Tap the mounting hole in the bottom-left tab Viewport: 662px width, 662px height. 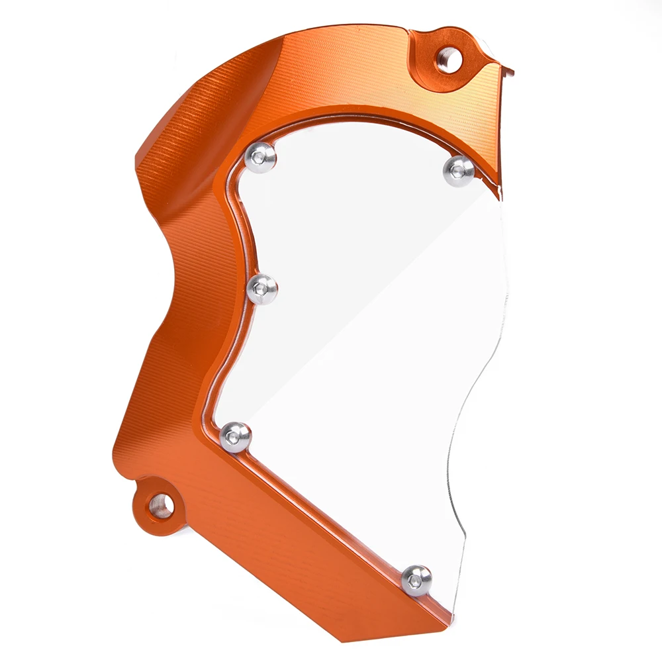159,506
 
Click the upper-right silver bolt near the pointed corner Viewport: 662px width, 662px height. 459,169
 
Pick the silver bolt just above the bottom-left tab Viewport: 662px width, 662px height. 236,436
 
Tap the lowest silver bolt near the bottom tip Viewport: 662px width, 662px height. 416,579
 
